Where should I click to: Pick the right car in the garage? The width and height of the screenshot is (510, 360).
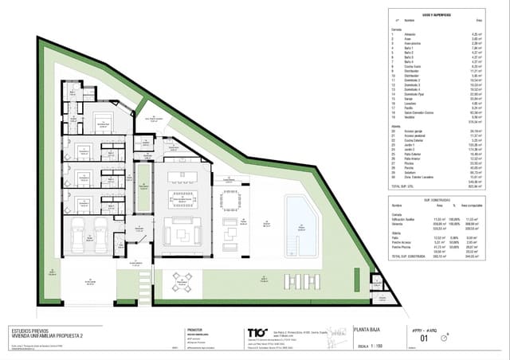(x=102, y=237)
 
